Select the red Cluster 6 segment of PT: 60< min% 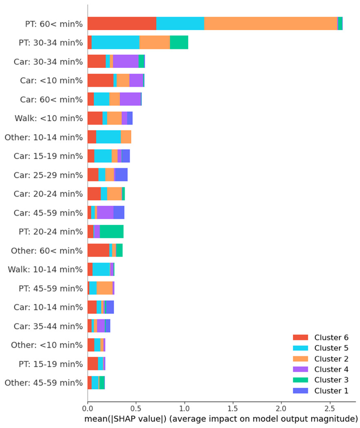pyautogui.click(x=122, y=23)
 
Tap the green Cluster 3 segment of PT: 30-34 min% pyautogui.click(x=179, y=42)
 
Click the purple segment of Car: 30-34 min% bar pyautogui.click(x=126, y=61)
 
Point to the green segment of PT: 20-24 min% pyautogui.click(x=112, y=232)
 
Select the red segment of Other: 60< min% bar pyautogui.click(x=98, y=251)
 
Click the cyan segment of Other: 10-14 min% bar pyautogui.click(x=108, y=137)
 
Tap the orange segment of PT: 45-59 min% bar pyautogui.click(x=105, y=288)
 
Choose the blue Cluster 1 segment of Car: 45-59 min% pyautogui.click(x=119, y=213)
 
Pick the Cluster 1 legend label pyautogui.click(x=331, y=391)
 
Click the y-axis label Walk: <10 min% pyautogui.click(x=51, y=118)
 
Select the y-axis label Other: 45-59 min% pyautogui.click(x=44, y=383)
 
